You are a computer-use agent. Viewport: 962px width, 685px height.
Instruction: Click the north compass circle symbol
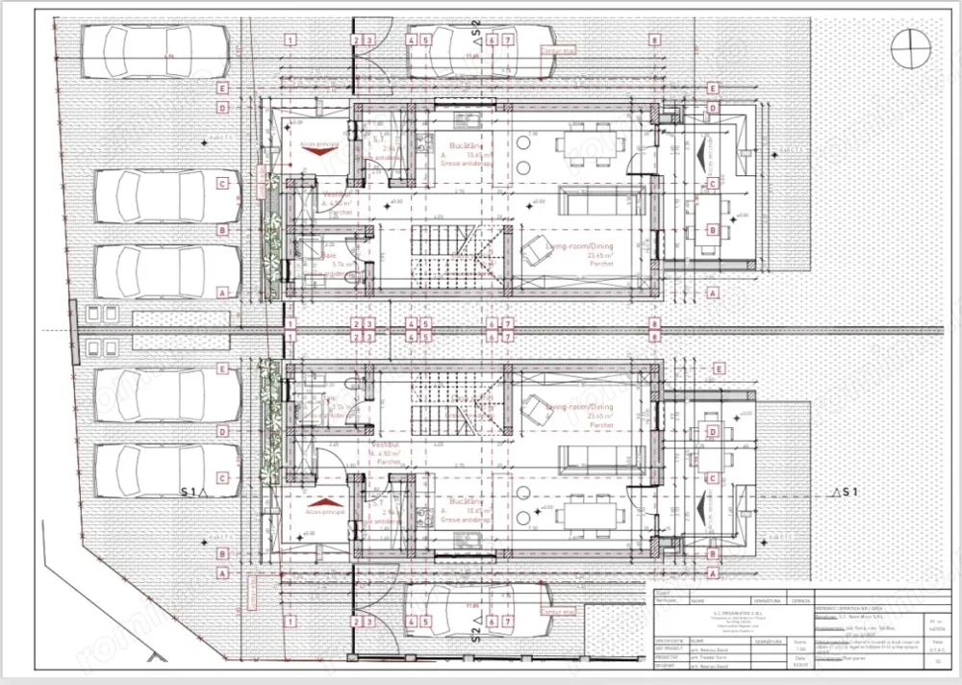(x=909, y=46)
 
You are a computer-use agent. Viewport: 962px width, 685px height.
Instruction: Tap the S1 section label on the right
(x=848, y=493)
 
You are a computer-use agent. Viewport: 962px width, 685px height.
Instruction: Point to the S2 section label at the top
(x=475, y=29)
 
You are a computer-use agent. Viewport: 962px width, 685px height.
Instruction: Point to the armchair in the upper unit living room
(x=535, y=252)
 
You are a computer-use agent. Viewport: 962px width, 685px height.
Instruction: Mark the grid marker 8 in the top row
(x=654, y=40)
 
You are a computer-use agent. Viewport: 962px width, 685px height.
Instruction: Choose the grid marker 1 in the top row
(x=291, y=40)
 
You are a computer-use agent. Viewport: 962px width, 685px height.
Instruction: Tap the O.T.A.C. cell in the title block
(x=938, y=662)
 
